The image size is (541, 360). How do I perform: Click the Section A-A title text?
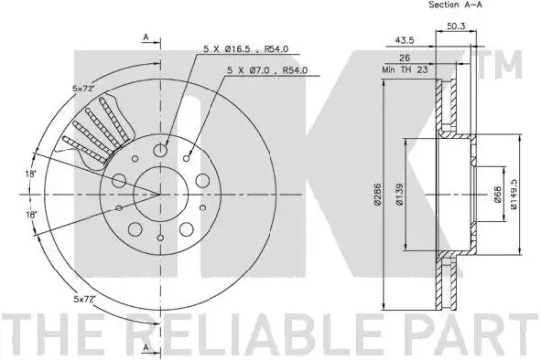pos(428,5)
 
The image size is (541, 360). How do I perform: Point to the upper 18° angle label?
pos(32,173)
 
